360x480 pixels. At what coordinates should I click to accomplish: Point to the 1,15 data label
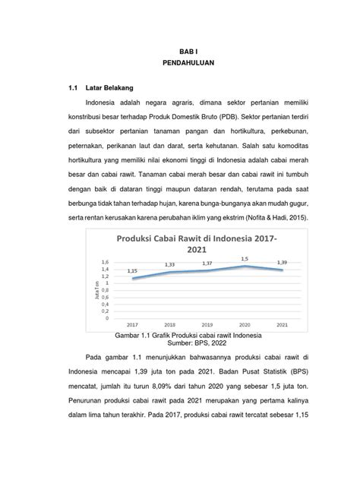(x=131, y=270)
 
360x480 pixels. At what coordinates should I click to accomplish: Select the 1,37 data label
(x=207, y=264)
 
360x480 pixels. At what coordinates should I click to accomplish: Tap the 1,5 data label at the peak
(x=245, y=258)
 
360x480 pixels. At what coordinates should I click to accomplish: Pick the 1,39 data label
(x=282, y=263)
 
